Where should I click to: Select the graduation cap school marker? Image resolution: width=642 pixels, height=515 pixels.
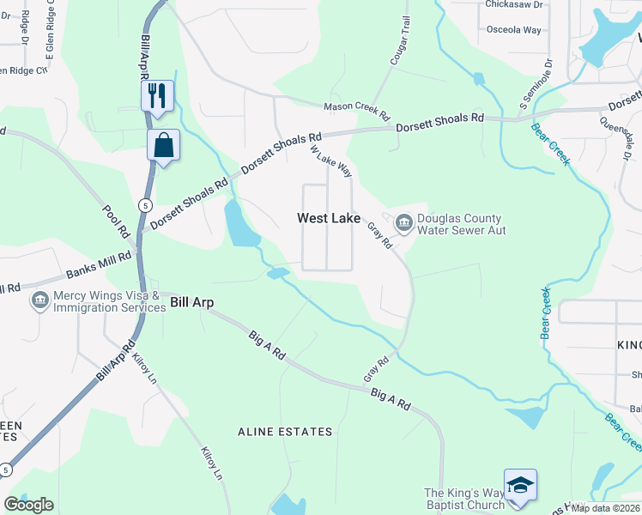520,485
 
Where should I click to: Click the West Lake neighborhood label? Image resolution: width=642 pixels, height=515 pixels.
329,219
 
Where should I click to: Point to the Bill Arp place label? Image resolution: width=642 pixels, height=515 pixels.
191,302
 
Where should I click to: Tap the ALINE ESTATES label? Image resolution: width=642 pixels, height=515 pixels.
285,432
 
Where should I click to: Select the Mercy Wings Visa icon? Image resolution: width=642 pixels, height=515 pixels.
39,300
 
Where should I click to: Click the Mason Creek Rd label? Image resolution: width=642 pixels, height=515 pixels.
356,108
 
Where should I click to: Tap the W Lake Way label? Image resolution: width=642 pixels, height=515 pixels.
331,160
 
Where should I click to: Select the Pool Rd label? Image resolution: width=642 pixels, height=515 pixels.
115,221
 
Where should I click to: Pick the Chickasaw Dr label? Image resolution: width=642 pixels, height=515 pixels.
513,4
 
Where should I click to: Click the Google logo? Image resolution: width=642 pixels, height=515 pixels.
28,505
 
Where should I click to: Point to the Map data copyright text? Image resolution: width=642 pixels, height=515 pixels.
606,508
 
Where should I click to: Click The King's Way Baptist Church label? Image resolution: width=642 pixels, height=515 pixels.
464,500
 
